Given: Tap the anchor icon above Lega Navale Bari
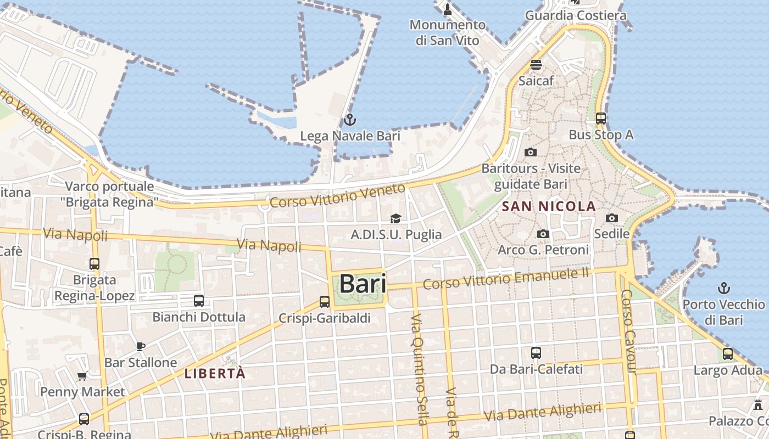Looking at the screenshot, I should [x=350, y=119].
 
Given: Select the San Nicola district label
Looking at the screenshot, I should [x=549, y=206].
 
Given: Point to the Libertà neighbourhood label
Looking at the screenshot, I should [x=215, y=374].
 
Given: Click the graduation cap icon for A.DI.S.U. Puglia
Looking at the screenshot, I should [x=395, y=218].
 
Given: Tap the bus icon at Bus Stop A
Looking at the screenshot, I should [x=601, y=118].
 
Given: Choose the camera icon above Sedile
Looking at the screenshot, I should [x=612, y=218].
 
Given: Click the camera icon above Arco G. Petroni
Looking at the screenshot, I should [x=543, y=234].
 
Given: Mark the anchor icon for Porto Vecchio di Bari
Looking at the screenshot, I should [x=724, y=288].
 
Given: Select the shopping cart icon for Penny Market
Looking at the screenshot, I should [x=82, y=376].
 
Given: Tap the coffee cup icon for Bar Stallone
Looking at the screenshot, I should [x=141, y=346].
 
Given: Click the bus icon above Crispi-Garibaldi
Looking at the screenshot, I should [x=325, y=301].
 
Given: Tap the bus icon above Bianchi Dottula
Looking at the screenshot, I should [x=199, y=301].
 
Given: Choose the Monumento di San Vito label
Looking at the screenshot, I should [x=448, y=32].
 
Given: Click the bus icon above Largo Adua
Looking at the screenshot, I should [x=728, y=354].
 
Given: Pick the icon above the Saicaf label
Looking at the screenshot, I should [x=536, y=64].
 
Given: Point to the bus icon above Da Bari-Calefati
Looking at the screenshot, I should [x=536, y=353].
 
